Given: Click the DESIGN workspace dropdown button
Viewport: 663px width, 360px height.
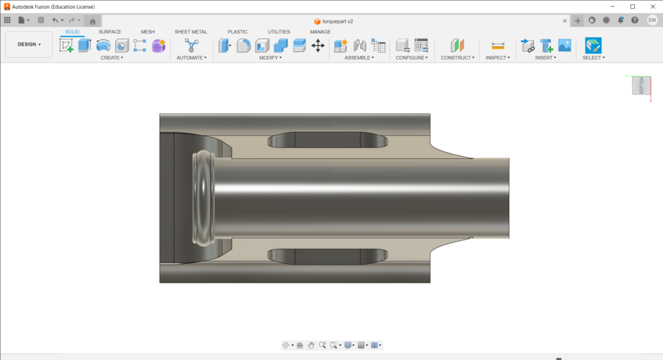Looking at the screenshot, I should click(x=29, y=44).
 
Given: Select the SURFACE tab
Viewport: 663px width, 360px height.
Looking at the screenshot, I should click(x=109, y=32).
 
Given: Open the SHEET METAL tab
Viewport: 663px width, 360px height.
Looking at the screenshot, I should click(x=191, y=32).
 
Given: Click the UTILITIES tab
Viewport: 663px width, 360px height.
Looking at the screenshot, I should click(x=279, y=32).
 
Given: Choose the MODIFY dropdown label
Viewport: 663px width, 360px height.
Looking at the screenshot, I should click(x=270, y=58).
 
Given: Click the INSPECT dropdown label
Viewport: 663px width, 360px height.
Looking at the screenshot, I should click(x=497, y=58).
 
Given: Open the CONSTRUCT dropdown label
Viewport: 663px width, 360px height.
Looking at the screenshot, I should click(x=457, y=58).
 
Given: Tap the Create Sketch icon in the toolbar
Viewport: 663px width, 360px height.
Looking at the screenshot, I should click(x=66, y=46).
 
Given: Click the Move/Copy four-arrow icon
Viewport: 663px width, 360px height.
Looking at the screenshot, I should click(x=318, y=46).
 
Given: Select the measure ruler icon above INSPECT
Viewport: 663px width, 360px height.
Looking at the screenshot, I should click(x=498, y=46).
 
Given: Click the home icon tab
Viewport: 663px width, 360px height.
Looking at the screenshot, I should click(x=93, y=21).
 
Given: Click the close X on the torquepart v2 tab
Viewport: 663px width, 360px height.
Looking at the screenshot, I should click(x=564, y=21).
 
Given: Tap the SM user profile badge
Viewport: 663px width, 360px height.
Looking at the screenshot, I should click(x=652, y=21).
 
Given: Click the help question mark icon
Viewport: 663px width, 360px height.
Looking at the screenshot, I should click(x=635, y=21).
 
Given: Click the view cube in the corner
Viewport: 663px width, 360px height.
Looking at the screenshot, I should click(x=641, y=86).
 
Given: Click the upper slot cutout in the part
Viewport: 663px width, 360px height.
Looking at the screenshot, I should click(x=327, y=140).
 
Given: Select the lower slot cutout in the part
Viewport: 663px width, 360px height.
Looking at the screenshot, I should click(x=327, y=256).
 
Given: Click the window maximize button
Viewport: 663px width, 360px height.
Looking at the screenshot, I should click(x=632, y=6).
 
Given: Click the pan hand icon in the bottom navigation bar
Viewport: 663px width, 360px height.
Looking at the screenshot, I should click(x=311, y=345).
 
